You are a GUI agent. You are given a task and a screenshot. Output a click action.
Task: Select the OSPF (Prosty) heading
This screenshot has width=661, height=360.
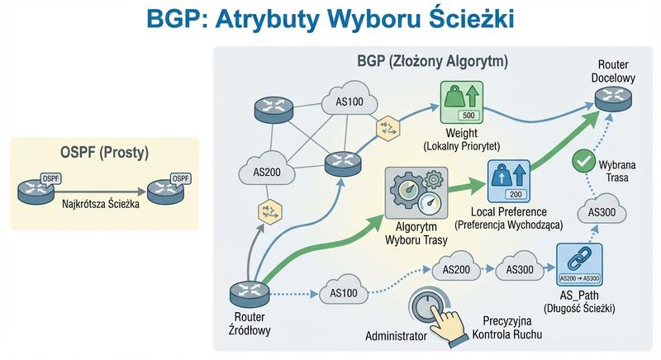[x=102, y=154]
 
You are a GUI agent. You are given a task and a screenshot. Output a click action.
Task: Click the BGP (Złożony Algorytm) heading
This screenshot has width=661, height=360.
[x=432, y=61]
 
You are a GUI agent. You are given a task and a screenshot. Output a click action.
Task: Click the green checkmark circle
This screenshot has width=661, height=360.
[x=583, y=157]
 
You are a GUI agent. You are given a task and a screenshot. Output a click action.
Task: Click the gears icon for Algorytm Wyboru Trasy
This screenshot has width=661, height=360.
[x=416, y=193]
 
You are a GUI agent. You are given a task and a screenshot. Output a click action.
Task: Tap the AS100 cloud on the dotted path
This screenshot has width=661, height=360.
[x=342, y=292]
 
